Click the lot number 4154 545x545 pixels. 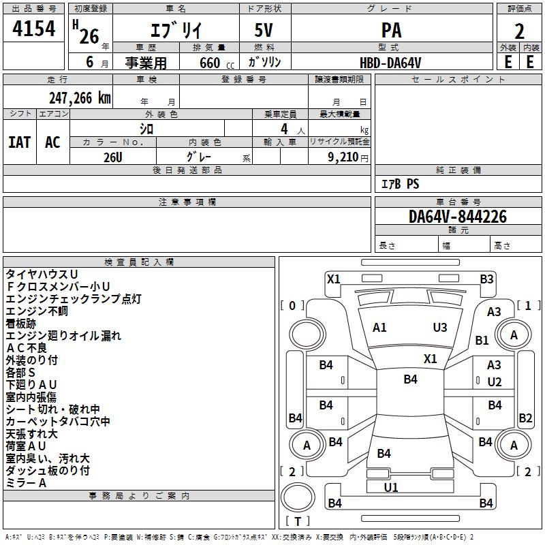(33, 29)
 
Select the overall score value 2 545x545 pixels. (519, 31)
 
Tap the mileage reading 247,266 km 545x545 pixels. (80, 98)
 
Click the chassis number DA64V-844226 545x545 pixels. (457, 217)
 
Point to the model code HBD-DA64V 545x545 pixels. (390, 63)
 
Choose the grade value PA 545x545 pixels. (391, 30)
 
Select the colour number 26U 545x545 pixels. (113, 157)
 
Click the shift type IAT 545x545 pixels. (20, 142)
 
